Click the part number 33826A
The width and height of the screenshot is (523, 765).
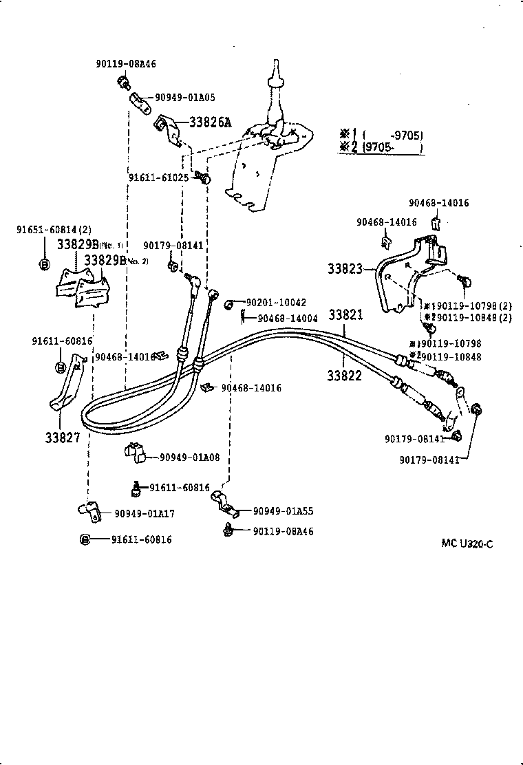[x=210, y=123]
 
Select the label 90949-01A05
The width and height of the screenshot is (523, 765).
[x=184, y=98]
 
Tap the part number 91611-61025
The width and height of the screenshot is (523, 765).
[x=158, y=177]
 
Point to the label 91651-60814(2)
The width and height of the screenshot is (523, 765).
[x=54, y=230]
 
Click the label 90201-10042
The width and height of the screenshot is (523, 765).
[x=276, y=302]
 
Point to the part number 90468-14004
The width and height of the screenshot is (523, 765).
[x=288, y=318]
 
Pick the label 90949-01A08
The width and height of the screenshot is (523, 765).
[x=189, y=457]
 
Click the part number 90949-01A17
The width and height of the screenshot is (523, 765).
[x=144, y=513]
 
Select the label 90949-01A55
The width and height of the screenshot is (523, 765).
[x=283, y=511]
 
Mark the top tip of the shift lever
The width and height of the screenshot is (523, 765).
[x=275, y=63]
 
